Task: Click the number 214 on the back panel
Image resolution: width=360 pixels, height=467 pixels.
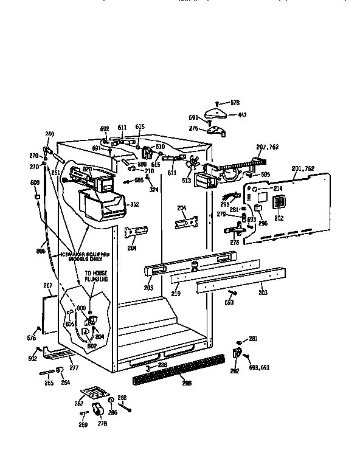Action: pyautogui.click(x=278, y=189)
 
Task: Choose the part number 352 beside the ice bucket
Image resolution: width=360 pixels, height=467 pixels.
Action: pyautogui.click(x=134, y=204)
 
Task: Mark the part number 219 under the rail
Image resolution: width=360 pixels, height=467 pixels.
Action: pyautogui.click(x=176, y=293)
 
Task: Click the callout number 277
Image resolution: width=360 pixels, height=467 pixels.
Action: pyautogui.click(x=74, y=368)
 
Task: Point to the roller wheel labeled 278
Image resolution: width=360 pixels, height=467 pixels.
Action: pyautogui.click(x=96, y=409)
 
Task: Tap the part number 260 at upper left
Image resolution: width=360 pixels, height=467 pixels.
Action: pyautogui.click(x=49, y=134)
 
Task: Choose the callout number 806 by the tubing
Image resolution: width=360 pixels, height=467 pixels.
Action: pyautogui.click(x=41, y=251)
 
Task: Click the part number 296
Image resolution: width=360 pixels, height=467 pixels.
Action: pyautogui.click(x=263, y=223)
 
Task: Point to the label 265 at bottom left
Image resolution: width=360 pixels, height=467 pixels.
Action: pyautogui.click(x=49, y=382)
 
